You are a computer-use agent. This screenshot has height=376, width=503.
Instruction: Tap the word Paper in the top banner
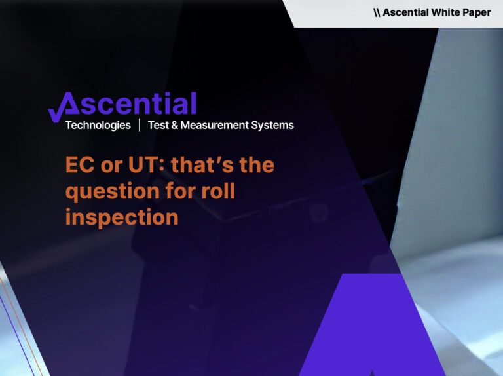(x=477, y=12)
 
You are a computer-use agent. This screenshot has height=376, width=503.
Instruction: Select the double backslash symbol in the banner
(x=377, y=12)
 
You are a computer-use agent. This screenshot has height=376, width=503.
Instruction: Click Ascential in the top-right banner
(x=406, y=12)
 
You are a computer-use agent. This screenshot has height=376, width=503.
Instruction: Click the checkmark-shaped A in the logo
(x=63, y=107)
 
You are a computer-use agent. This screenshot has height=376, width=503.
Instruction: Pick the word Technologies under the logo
(x=98, y=125)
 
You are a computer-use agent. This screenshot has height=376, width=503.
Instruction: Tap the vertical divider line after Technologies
(x=139, y=125)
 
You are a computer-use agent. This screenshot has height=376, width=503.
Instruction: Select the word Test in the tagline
(x=158, y=125)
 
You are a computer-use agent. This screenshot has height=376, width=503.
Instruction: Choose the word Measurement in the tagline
(x=218, y=125)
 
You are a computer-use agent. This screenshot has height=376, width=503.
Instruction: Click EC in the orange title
(x=78, y=165)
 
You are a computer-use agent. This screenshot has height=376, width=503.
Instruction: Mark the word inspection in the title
(x=122, y=217)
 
